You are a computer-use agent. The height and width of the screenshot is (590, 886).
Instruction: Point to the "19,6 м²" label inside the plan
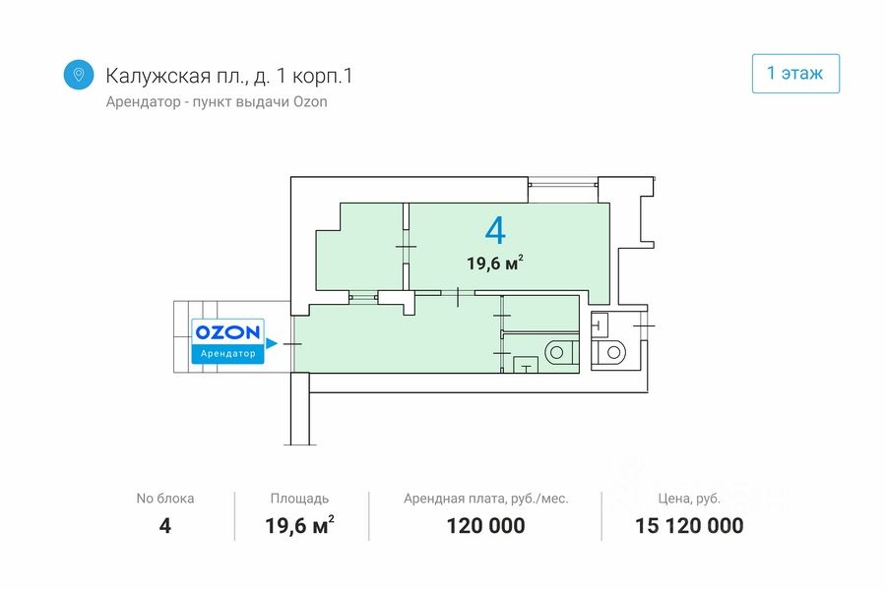pos(494,263)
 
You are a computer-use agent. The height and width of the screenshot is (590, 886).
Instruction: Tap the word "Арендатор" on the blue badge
pos(227,353)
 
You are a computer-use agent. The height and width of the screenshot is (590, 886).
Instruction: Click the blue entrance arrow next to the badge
pos(273,343)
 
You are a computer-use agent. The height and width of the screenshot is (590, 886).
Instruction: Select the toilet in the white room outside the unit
pos(612,352)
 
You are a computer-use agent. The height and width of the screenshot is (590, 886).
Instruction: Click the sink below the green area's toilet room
pos(527,368)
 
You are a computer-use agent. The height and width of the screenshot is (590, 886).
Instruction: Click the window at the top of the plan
pos(562,182)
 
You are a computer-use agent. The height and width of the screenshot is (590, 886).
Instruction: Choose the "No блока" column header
pos(164,499)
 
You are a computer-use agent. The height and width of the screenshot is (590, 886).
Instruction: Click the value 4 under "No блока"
pos(164,525)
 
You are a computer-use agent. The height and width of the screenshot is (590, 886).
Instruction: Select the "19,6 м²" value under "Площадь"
pos(299,525)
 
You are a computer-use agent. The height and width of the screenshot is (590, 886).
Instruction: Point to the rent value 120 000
pos(485,525)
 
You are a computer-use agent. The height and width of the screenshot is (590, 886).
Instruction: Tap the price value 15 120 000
pos(689,525)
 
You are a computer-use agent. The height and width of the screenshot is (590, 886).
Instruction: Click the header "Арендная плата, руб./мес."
pos(485,499)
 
